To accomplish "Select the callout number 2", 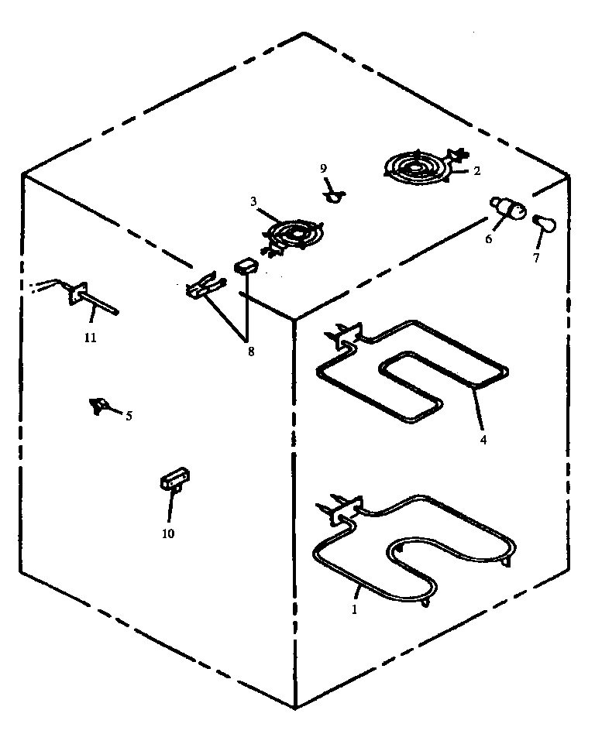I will pos(477,171).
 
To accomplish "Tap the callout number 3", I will pos(253,201).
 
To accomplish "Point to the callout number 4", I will pos(483,440).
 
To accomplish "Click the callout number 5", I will pos(129,416).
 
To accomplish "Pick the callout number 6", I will pos(489,239).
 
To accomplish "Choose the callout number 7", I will pos(535,258).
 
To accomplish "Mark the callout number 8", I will pos(249,352).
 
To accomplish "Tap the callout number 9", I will pos(324,168).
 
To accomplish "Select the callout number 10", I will pos(168,533).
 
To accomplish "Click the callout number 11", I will pos(90,338).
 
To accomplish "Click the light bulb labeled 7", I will pos(545,224).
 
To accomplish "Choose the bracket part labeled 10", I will pos(175,479).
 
